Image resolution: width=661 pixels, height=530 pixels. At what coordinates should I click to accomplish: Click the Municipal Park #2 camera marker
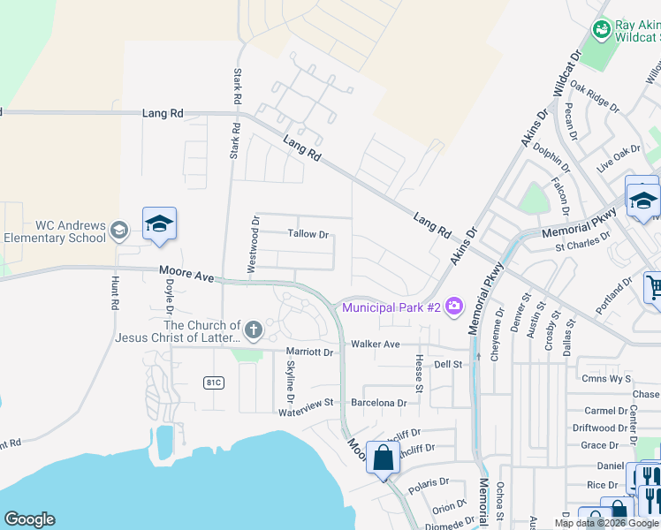454,307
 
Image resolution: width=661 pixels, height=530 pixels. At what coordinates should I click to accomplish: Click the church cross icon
254,331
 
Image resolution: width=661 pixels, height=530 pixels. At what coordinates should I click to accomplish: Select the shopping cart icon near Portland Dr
654,286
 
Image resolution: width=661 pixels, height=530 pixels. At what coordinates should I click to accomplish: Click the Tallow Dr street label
308,235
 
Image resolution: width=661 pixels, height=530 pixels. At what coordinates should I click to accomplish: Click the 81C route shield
213,382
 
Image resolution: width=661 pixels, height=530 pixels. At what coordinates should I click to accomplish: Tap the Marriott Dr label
308,352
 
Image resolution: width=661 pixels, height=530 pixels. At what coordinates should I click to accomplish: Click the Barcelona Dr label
378,402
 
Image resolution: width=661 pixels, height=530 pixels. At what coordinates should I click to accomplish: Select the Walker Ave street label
376,344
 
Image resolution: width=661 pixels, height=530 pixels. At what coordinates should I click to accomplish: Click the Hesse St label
417,368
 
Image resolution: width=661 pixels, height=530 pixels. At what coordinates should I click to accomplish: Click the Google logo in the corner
29,519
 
